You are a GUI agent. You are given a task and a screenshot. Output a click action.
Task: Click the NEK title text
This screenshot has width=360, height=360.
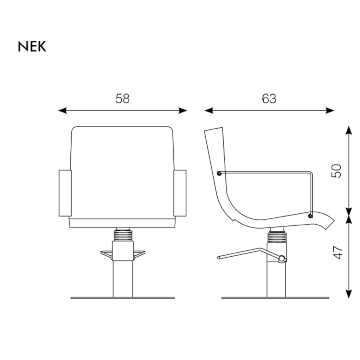point(32,47)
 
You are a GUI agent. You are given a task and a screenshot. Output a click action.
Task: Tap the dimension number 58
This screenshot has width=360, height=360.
point(123,98)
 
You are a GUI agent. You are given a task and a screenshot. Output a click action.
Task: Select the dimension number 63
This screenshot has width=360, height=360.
point(269,98)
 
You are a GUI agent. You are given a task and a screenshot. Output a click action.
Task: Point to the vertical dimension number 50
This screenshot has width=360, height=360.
point(336,171)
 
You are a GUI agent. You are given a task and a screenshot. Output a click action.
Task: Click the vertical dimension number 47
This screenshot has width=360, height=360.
point(337,252)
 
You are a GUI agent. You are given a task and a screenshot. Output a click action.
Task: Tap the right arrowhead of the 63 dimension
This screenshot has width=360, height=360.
point(330,111)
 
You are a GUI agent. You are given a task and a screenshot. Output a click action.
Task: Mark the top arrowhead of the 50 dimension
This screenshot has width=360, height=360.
point(349,130)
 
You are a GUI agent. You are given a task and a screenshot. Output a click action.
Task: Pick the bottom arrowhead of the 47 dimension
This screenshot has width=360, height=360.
point(349,294)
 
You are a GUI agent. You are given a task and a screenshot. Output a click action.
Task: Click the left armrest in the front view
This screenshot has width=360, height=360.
point(65,193)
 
